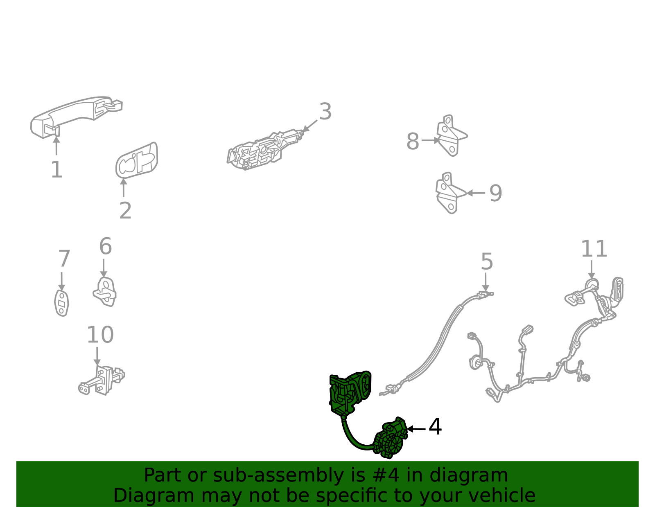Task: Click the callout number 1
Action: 56,169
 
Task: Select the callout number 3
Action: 325,112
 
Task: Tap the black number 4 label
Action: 435,427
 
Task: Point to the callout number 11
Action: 594,249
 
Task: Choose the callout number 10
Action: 100,335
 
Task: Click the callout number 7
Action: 64,259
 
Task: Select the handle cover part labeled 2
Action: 137,160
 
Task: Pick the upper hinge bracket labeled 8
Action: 451,135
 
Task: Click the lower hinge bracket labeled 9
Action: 450,193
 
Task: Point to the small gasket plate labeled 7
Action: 61,303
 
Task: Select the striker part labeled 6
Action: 105,292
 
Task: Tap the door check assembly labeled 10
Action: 102,380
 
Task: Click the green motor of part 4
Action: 391,439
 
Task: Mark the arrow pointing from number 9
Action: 476,193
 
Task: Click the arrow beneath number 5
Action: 485,282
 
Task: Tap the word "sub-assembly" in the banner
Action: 278,475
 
